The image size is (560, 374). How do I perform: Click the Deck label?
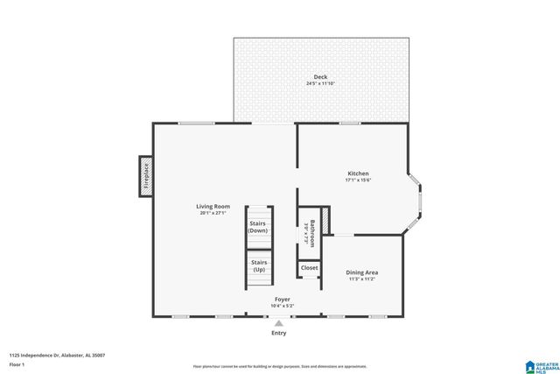point(320,76)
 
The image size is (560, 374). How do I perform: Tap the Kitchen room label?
point(358,173)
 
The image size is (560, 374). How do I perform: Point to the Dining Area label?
point(363,272)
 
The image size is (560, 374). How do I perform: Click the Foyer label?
point(282,299)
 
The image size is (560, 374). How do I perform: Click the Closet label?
point(310,268)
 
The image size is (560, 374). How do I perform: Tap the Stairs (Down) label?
point(258,227)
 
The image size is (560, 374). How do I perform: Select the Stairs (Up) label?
point(258,266)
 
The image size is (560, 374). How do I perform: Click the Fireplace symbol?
point(146,175)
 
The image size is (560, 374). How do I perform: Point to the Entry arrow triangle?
point(279,322)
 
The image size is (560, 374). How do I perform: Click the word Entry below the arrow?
point(279,333)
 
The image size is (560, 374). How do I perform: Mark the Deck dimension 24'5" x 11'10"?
point(320,83)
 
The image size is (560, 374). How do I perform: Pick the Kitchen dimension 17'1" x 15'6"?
point(358,180)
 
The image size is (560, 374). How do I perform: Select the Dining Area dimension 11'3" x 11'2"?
point(363,279)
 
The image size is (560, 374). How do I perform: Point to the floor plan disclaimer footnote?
point(280,366)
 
